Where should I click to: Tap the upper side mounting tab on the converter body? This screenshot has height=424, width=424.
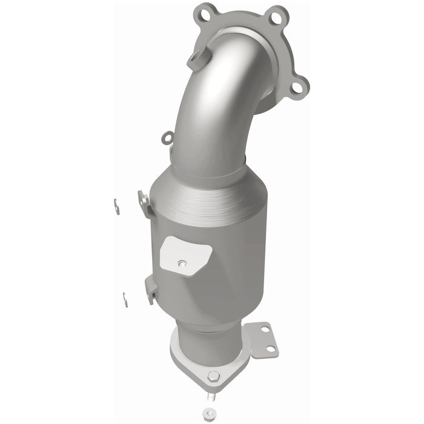point(144,203)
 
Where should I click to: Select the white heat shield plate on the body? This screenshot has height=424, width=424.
point(184,253)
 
